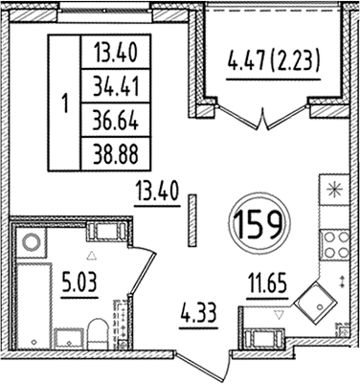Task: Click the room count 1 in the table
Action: click(x=64, y=102)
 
